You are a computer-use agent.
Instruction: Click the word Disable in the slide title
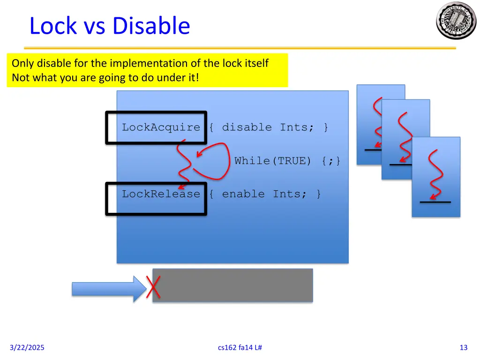[x=152, y=26]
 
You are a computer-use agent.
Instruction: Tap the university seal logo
[x=456, y=20]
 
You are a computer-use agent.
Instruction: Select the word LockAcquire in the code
[x=161, y=127]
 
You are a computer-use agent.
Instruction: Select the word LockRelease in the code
[x=161, y=194]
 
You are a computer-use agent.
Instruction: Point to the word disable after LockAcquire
[x=247, y=127]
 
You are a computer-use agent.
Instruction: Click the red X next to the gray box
[x=153, y=287]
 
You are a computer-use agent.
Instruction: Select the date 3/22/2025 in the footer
[x=27, y=347]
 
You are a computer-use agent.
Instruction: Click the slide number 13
[x=464, y=347]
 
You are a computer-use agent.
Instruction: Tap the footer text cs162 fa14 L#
[x=240, y=347]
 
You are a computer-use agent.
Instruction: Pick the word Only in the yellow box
[x=22, y=63]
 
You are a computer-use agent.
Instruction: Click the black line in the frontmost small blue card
[x=435, y=202]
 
